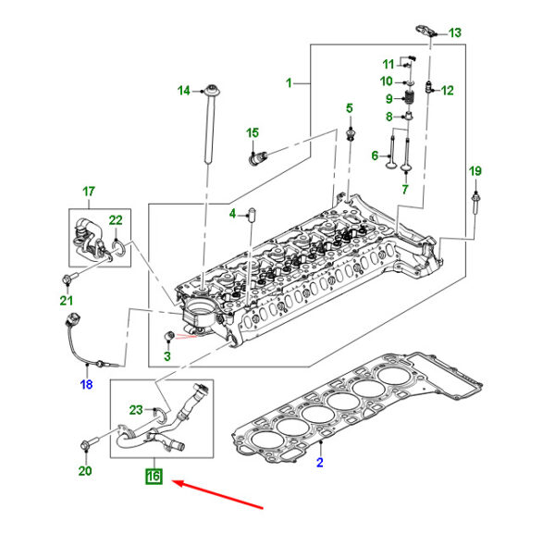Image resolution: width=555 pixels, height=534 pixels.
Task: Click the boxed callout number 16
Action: (x=154, y=477)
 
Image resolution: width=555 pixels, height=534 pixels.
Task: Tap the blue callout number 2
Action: (x=320, y=463)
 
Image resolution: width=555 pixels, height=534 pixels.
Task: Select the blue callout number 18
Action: (x=86, y=384)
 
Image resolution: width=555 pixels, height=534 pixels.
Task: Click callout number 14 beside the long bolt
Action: (x=184, y=91)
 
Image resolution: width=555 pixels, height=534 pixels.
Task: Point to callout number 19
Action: (x=475, y=171)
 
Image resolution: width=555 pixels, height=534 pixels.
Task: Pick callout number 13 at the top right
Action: (x=455, y=33)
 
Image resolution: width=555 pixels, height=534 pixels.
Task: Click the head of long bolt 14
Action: (x=213, y=91)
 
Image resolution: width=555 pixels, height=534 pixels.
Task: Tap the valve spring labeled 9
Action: (x=410, y=96)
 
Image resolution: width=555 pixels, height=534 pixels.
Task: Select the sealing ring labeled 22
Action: (x=118, y=247)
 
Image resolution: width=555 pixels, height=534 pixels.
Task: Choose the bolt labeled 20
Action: (x=90, y=442)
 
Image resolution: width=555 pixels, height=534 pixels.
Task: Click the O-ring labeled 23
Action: (x=161, y=415)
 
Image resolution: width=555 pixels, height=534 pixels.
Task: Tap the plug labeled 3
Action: (x=169, y=335)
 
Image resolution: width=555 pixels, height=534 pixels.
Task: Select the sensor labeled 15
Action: (x=258, y=157)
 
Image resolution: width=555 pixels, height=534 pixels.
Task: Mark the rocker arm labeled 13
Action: (x=425, y=31)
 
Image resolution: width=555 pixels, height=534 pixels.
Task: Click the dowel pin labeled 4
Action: (x=253, y=215)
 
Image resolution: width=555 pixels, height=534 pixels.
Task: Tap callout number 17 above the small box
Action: (x=89, y=192)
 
